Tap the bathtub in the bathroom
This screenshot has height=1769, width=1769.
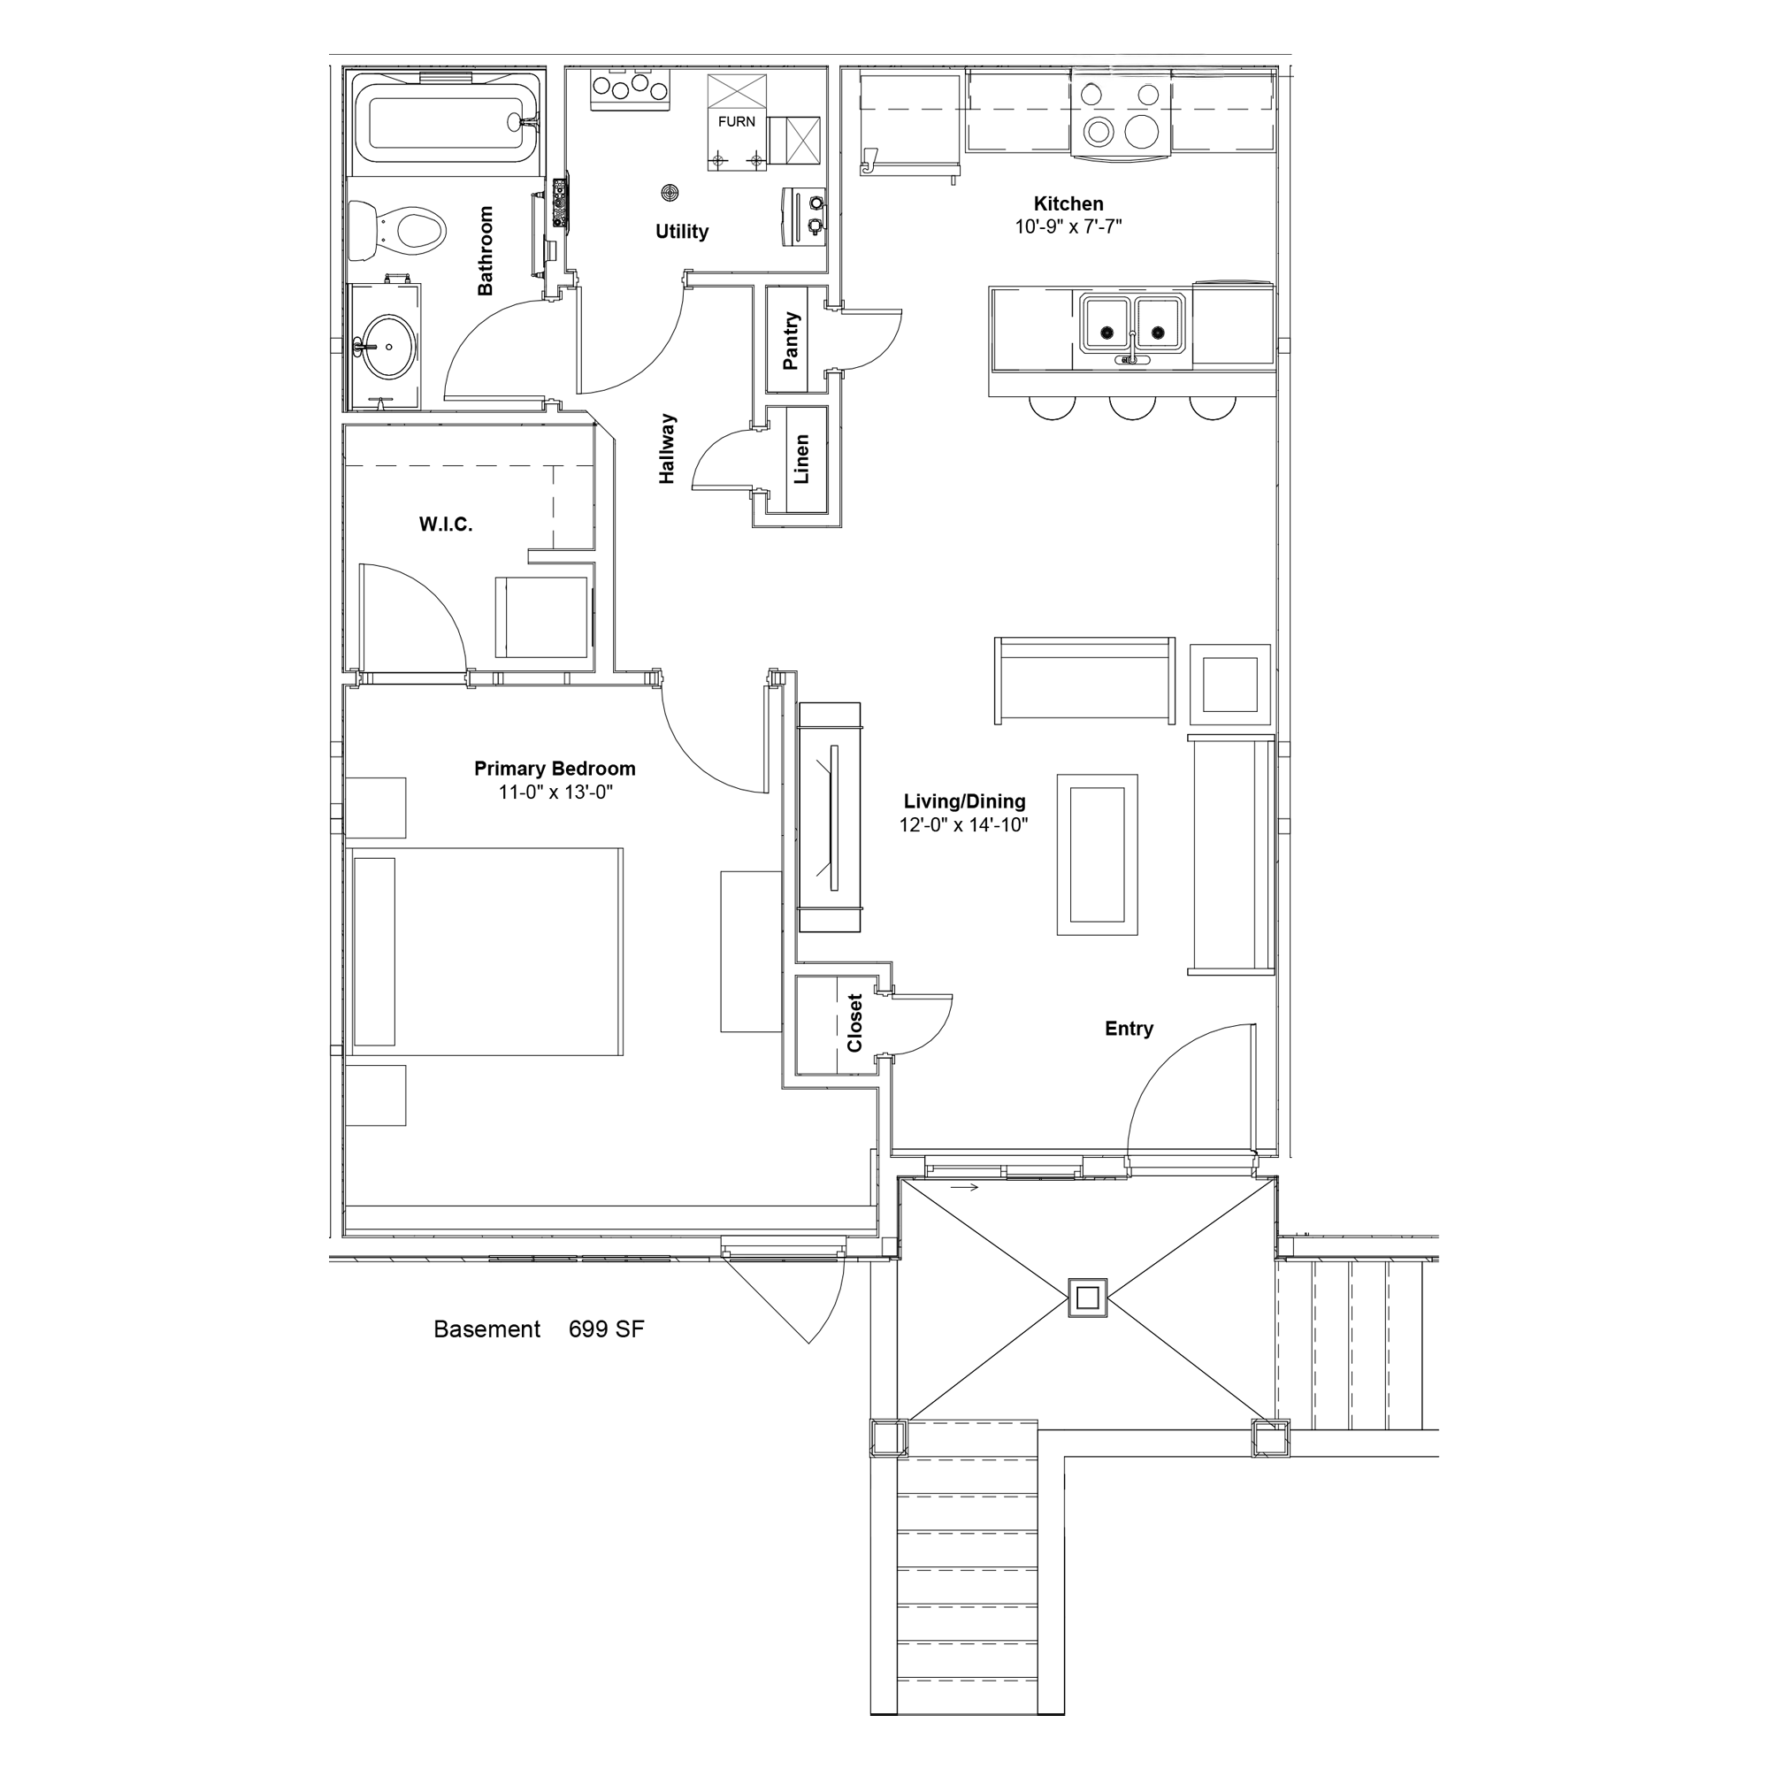(x=445, y=125)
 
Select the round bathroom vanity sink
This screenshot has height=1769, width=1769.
(x=389, y=346)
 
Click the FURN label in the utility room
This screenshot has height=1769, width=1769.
(x=736, y=122)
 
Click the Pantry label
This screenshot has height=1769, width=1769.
(x=791, y=341)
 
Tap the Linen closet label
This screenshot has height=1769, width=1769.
(x=801, y=459)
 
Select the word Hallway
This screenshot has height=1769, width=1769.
(x=667, y=448)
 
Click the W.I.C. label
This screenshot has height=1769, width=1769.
(x=446, y=525)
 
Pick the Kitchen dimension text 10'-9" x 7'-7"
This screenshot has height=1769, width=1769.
(x=1068, y=226)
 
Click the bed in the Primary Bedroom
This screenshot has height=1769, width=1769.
(x=486, y=952)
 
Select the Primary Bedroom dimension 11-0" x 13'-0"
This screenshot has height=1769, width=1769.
(x=555, y=792)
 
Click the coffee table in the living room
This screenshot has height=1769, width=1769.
(x=1097, y=854)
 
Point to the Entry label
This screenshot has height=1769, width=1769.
(x=1129, y=1029)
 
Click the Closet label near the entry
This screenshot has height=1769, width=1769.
(x=854, y=1023)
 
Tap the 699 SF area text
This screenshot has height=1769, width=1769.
(x=606, y=1329)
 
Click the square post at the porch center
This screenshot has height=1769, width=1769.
(x=1088, y=1298)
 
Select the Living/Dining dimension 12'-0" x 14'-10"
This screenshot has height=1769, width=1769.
(x=963, y=825)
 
